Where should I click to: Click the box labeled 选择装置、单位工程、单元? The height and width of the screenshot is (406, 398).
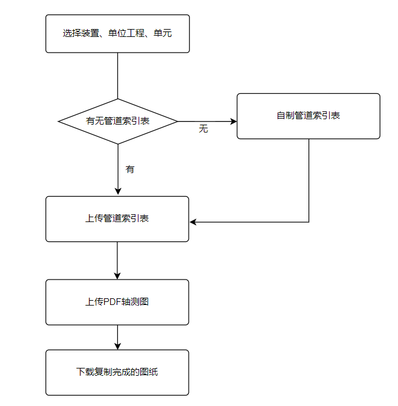click(x=117, y=33)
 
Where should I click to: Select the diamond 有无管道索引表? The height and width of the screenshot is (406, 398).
click(x=117, y=121)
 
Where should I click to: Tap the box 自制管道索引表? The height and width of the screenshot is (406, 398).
click(x=308, y=116)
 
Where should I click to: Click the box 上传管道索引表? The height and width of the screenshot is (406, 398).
click(x=117, y=218)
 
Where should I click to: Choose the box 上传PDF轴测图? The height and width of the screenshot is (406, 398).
click(x=117, y=301)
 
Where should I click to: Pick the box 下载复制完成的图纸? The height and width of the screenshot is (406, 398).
click(x=117, y=372)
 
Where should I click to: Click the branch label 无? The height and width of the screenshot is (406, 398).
click(x=203, y=129)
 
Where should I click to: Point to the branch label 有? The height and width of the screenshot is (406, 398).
click(x=130, y=169)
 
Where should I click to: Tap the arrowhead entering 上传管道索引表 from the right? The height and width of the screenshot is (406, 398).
click(x=194, y=222)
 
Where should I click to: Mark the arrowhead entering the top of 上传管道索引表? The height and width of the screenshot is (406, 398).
click(x=117, y=192)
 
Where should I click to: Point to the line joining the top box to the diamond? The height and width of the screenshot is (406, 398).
click(x=117, y=76)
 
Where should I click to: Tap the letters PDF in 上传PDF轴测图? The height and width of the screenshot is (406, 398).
click(x=113, y=301)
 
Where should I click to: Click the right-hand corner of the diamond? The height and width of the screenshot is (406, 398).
click(x=176, y=121)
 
